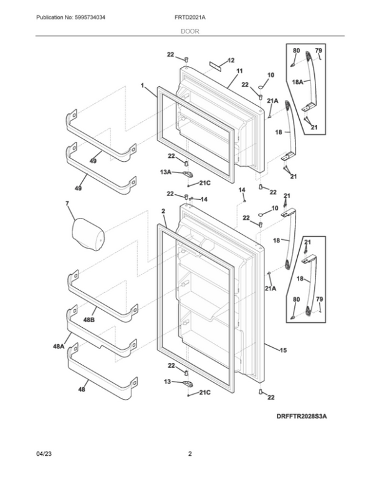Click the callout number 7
(x=67, y=204)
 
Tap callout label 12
(x=231, y=61)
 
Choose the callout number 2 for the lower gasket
(x=162, y=212)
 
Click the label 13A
(x=165, y=171)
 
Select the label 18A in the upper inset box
(x=297, y=82)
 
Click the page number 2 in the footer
(x=189, y=454)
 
